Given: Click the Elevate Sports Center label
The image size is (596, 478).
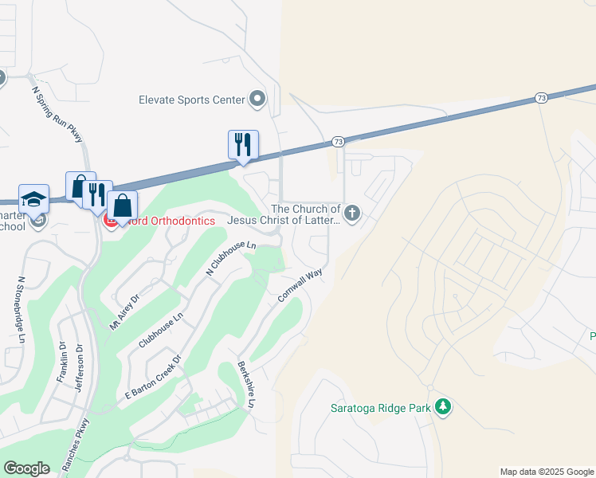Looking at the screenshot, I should [191, 100].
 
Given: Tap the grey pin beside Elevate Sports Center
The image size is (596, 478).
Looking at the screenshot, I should [257, 100].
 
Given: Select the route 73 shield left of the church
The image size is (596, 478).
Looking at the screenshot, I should [337, 142].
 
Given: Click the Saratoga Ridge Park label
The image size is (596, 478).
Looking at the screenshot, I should [380, 408].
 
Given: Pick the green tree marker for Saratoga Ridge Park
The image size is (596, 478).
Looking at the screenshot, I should [443, 408].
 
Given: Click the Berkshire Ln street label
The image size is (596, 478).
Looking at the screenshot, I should [245, 386].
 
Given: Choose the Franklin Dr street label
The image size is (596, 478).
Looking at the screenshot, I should [62, 362].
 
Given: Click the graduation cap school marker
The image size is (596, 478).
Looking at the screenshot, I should [33, 198].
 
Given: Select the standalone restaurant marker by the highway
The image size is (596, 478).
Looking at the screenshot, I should [243, 145].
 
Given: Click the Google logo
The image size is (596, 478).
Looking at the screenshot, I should [26, 468].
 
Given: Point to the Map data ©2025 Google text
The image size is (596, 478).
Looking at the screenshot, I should [547, 472].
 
